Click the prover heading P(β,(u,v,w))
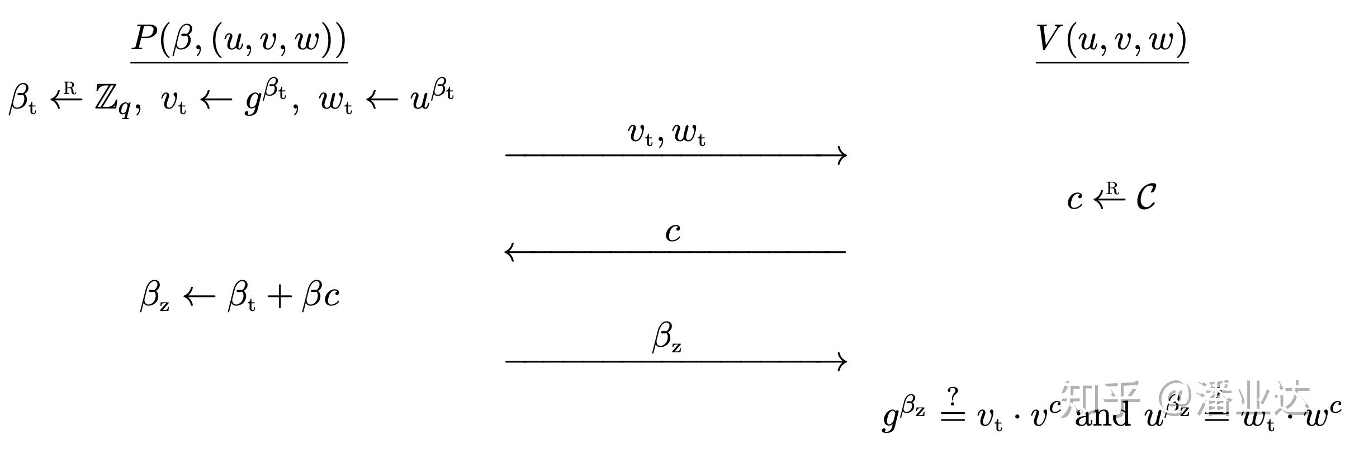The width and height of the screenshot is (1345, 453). [239, 40]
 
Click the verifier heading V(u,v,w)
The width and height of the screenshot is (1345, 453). [1111, 40]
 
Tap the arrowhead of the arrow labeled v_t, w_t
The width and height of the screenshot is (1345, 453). [842, 155]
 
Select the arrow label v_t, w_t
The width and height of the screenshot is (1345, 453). [666, 134]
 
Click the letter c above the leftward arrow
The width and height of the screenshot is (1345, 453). [673, 232]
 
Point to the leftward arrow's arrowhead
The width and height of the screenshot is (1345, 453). [509, 252]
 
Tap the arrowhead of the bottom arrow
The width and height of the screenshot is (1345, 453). [842, 361]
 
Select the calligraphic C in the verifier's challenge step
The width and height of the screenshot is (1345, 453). [1146, 197]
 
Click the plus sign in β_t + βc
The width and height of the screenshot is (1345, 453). [278, 296]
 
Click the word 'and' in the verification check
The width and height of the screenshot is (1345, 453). [1101, 415]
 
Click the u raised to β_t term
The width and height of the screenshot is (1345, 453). [430, 98]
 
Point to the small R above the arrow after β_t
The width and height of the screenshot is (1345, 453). [69, 88]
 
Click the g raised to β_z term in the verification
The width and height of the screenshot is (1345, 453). [903, 415]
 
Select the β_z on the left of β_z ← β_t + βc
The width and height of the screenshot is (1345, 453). [154, 296]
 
